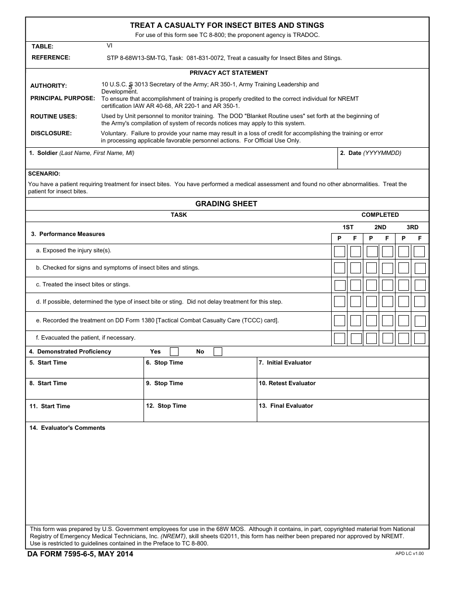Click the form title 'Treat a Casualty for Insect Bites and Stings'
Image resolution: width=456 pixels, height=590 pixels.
tap(227, 25)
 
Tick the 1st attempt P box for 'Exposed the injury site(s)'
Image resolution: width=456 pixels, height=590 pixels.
tap(339, 251)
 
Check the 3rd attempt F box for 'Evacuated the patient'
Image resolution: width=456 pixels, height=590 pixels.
tap(420, 338)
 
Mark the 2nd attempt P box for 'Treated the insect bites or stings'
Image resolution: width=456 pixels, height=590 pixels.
tap(372, 285)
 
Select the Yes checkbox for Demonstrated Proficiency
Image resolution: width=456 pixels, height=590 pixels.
tap(174, 352)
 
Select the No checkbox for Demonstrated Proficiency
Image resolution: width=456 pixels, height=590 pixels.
tap(218, 352)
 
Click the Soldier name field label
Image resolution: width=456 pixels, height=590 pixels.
tap(82, 153)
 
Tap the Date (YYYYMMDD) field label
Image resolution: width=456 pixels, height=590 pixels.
tap(371, 153)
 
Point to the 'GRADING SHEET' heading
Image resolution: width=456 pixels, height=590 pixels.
tap(226, 204)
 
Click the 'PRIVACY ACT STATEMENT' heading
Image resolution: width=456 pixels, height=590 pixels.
tap(228, 73)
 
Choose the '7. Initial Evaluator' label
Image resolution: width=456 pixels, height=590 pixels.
tap(285, 363)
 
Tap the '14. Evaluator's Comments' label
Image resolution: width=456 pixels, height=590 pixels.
tap(67, 428)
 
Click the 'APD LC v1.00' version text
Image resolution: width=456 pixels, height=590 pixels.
tap(409, 554)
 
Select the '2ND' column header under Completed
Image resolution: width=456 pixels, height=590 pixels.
tap(380, 227)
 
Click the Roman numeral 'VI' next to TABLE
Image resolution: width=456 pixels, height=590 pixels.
tap(109, 46)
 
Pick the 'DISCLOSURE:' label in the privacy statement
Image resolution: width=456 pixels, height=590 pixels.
tap(51, 133)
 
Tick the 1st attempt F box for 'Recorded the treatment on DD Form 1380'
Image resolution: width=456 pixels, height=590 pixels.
tap(356, 320)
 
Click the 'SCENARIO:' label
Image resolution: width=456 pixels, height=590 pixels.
tap(44, 174)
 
